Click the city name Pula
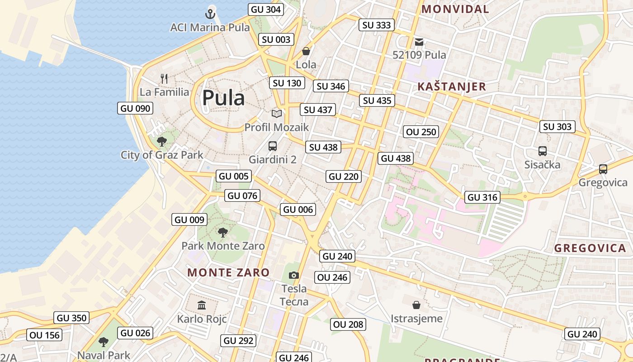click(x=223, y=98)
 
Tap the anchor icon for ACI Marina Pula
click(x=210, y=14)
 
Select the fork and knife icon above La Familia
click(x=164, y=79)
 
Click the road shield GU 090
click(x=135, y=108)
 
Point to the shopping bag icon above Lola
click(x=306, y=51)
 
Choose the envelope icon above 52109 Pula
click(x=419, y=42)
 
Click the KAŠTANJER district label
click(x=451, y=86)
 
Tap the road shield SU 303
click(x=557, y=127)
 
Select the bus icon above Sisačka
click(x=542, y=151)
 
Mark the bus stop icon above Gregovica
click(x=603, y=169)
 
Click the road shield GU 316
click(x=482, y=197)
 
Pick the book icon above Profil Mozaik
click(x=276, y=114)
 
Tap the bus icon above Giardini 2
click(x=272, y=146)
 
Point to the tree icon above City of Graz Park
click(x=161, y=141)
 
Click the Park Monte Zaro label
click(x=223, y=246)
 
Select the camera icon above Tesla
click(x=294, y=275)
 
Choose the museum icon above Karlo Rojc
click(x=202, y=305)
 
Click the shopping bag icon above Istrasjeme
click(x=416, y=305)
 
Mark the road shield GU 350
click(x=71, y=318)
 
